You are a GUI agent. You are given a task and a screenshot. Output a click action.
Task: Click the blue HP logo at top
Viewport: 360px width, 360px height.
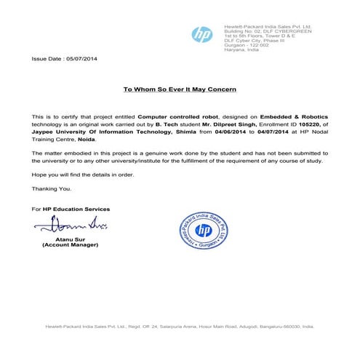(201, 35)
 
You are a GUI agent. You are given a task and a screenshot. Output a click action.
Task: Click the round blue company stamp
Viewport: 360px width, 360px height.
(204, 231)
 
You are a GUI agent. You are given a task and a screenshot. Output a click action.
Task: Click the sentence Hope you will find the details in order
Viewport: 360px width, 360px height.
(83, 175)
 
